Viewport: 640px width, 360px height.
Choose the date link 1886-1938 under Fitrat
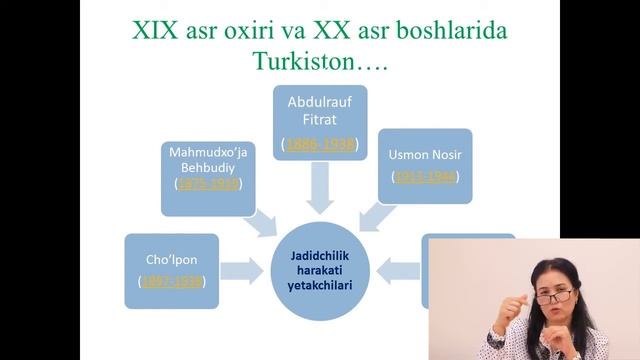(320, 145)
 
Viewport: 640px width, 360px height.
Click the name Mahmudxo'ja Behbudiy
(207, 160)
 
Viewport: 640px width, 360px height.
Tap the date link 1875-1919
(207, 185)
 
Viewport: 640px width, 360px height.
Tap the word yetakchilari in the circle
(320, 284)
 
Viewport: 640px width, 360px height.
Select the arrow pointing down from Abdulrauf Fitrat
(320, 187)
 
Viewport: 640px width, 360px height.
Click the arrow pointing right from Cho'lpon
(240, 269)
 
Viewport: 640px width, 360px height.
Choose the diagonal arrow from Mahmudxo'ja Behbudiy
(264, 222)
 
